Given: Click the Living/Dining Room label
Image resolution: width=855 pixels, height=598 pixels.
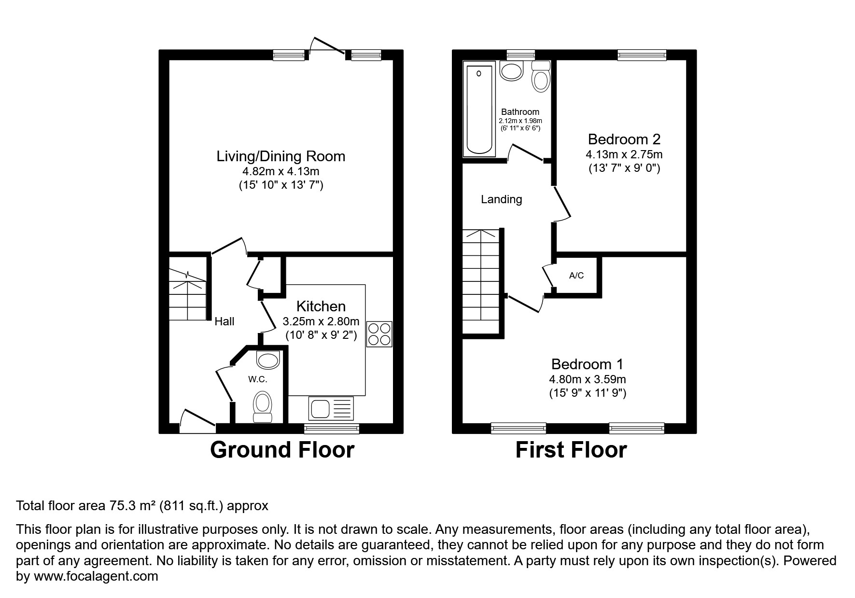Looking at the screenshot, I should pyautogui.click(x=280, y=156).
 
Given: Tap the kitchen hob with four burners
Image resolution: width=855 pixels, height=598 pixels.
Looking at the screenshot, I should pyautogui.click(x=379, y=334).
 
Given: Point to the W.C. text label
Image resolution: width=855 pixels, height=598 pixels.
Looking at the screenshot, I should pyautogui.click(x=258, y=379).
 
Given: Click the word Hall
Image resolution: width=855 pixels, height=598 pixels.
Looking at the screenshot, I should pyautogui.click(x=224, y=321).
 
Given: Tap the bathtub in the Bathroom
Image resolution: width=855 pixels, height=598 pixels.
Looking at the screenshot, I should pyautogui.click(x=479, y=109).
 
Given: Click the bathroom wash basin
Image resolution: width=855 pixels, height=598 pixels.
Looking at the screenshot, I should pyautogui.click(x=511, y=71).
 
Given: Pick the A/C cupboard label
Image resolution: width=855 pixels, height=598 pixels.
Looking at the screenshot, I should pyautogui.click(x=576, y=276).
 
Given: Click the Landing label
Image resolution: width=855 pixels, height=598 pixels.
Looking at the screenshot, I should pyautogui.click(x=501, y=199).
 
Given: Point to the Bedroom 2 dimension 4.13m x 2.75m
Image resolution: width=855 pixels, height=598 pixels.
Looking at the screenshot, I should pyautogui.click(x=624, y=155).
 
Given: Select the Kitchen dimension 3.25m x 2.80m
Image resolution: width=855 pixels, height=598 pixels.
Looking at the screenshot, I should pyautogui.click(x=321, y=321).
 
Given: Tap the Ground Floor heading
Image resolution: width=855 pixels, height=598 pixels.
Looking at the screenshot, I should pyautogui.click(x=282, y=450).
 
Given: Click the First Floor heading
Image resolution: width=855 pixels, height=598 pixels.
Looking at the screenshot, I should pyautogui.click(x=571, y=450).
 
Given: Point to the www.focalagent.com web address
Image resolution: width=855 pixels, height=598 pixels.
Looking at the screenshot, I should pyautogui.click(x=96, y=576).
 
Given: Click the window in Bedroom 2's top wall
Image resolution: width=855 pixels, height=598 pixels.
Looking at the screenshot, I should pyautogui.click(x=642, y=56).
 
